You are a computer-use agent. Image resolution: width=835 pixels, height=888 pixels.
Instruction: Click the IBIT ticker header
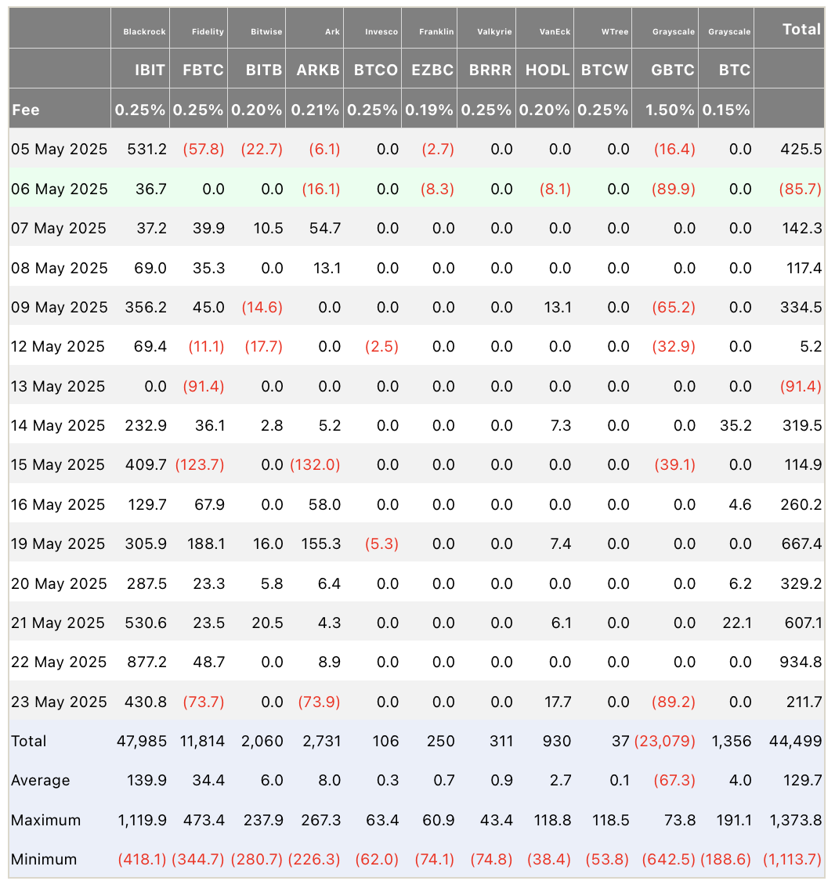click(x=150, y=70)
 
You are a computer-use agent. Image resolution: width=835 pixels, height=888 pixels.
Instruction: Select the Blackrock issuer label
click(x=145, y=31)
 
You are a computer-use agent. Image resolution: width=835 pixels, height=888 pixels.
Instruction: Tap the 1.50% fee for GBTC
click(x=670, y=110)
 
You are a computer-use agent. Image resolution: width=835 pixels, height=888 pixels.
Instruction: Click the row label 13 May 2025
click(x=59, y=386)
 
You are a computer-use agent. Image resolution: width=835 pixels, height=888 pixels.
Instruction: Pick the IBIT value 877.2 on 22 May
click(x=146, y=662)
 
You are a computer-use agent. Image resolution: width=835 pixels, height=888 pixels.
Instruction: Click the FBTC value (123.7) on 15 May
click(x=199, y=464)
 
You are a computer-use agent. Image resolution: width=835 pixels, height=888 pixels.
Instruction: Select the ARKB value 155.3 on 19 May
click(x=320, y=543)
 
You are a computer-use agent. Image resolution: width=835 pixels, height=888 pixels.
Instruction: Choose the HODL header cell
click(x=548, y=70)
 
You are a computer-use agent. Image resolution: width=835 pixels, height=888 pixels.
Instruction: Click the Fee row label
click(x=26, y=110)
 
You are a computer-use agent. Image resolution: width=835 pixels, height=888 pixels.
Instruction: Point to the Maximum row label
click(x=45, y=820)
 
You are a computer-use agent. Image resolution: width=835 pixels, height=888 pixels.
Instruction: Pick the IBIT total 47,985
click(x=141, y=741)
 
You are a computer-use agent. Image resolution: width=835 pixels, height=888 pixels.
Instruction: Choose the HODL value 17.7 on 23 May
click(x=558, y=702)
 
